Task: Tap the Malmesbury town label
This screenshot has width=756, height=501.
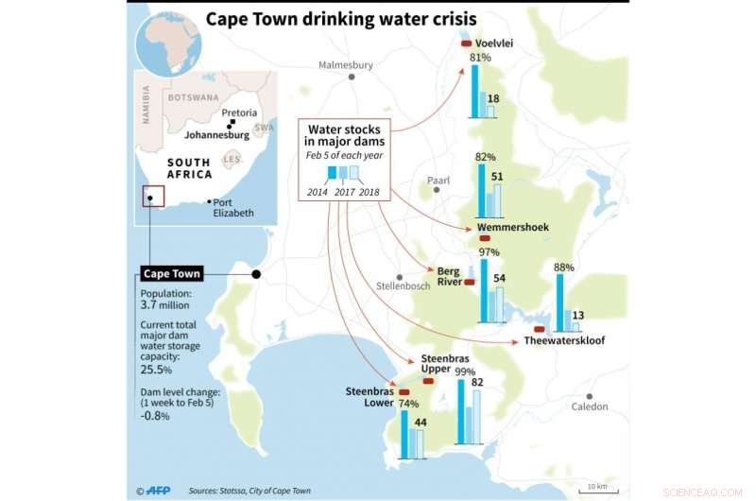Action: point(347,65)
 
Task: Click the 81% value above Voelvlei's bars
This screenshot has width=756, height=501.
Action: point(480,58)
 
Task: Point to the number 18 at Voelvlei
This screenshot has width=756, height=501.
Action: point(493,99)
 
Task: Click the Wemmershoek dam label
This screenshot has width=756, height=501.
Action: point(513,228)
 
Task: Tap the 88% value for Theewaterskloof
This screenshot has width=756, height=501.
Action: point(564,268)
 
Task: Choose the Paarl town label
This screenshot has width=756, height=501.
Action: point(438,179)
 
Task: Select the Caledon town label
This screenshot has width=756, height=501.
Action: point(590,406)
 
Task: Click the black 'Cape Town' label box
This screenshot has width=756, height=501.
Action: point(171,274)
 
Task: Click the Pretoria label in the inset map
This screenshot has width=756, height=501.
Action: point(239,112)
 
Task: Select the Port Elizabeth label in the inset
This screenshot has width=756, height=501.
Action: point(233,207)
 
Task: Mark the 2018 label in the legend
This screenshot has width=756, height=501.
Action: point(369,193)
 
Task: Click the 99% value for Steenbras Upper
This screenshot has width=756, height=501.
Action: point(465,371)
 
